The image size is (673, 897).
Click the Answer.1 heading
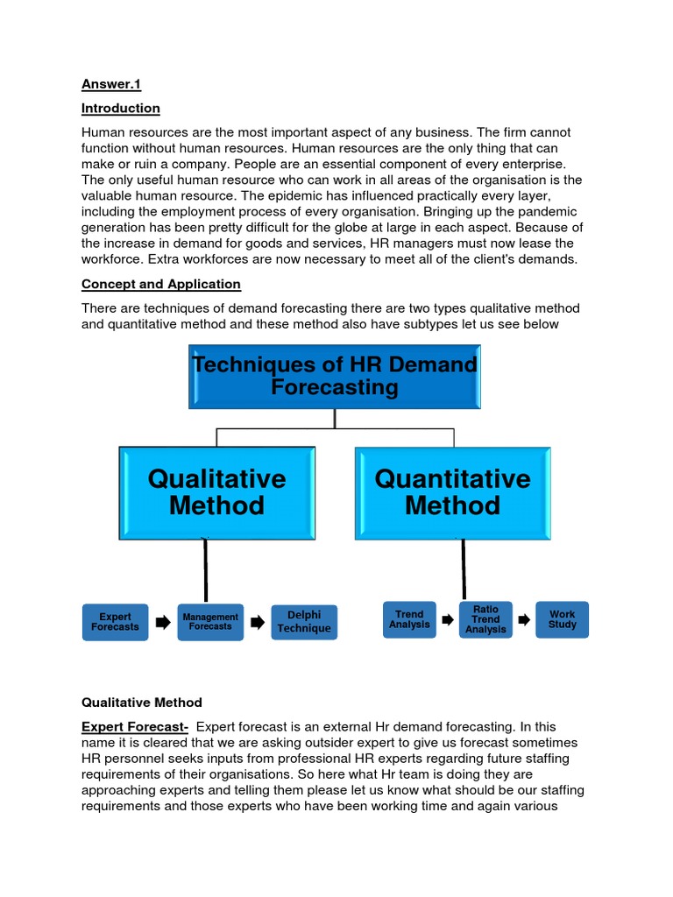(x=111, y=84)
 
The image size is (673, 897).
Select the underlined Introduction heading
(x=121, y=109)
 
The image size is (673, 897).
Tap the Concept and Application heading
(x=161, y=284)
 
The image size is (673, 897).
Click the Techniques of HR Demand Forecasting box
(x=335, y=377)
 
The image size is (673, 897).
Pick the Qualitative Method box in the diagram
(x=216, y=492)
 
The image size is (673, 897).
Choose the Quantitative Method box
(x=453, y=492)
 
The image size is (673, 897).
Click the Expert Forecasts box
(x=115, y=622)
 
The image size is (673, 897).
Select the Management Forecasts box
(x=210, y=622)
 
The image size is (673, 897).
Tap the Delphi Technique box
(x=304, y=622)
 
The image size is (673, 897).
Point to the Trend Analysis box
(x=409, y=619)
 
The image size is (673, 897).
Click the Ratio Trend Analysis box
(x=485, y=619)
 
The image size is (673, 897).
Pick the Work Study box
(x=563, y=619)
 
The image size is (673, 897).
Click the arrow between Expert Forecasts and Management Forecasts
(x=163, y=623)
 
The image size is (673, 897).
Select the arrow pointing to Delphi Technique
(x=258, y=623)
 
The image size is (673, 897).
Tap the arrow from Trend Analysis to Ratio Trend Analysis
(x=448, y=620)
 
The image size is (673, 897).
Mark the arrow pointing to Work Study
(x=524, y=620)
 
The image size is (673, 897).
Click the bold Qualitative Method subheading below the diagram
(x=142, y=703)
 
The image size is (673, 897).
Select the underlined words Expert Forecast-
(x=135, y=727)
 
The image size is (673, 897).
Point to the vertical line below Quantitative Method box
(x=464, y=569)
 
